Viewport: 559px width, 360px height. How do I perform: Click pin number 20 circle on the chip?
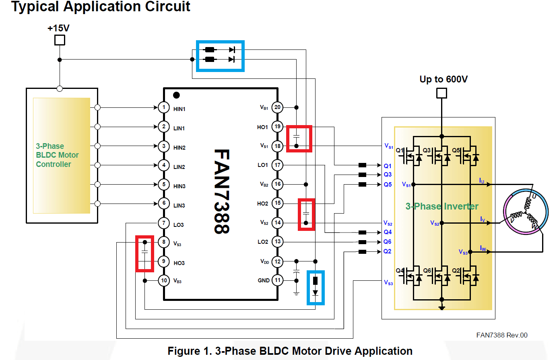[x=277, y=107]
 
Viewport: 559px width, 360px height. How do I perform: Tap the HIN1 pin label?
[x=179, y=109]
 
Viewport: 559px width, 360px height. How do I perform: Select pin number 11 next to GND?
[x=277, y=280]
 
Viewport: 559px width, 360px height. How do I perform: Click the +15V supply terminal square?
[x=60, y=40]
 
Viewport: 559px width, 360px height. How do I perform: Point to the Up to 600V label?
[x=443, y=79]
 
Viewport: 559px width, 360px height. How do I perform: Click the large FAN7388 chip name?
[x=221, y=191]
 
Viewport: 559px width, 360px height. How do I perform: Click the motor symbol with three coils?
[x=525, y=212]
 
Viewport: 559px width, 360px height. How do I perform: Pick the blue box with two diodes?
[x=220, y=56]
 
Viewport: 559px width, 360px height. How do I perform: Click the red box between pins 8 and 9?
[x=144, y=254]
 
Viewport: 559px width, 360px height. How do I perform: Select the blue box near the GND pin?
[x=316, y=288]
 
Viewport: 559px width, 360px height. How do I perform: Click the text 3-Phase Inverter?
[x=442, y=206]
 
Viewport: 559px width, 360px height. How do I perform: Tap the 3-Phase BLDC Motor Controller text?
[x=57, y=155]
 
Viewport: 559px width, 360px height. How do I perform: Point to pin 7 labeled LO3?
[x=164, y=223]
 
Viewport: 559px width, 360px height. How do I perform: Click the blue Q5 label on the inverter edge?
[x=388, y=184]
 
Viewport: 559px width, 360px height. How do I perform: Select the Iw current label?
[x=483, y=248]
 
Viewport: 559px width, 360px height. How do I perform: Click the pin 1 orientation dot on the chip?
[x=176, y=95]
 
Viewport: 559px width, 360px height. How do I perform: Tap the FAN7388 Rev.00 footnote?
[x=501, y=335]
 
